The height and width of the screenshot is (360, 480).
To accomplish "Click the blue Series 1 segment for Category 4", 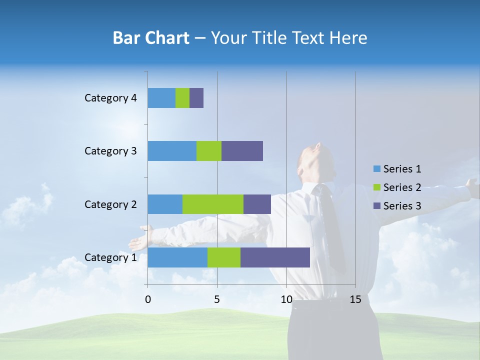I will (161, 98).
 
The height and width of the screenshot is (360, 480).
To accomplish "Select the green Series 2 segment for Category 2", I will (213, 204).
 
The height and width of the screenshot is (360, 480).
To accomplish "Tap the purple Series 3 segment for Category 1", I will (275, 257).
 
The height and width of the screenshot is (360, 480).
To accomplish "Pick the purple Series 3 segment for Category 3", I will (242, 151).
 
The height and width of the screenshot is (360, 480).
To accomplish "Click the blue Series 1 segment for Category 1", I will (177, 257).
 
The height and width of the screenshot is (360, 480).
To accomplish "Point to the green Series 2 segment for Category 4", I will (182, 98).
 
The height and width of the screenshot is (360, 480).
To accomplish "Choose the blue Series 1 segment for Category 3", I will (172, 151).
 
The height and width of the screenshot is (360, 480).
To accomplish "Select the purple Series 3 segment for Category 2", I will (257, 204).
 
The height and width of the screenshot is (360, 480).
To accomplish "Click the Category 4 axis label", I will (110, 98).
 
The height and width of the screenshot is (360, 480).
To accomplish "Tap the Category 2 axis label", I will (110, 204).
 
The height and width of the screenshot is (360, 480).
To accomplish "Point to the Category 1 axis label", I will (110, 257).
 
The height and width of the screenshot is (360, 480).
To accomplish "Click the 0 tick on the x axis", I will (148, 299).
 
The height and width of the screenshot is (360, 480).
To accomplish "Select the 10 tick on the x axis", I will (286, 299).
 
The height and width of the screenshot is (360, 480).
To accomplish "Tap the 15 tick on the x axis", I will (355, 299).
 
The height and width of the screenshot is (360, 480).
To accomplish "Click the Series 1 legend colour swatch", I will (376, 169).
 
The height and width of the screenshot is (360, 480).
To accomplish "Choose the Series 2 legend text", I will (402, 187).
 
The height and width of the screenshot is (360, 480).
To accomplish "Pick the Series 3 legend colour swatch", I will (376, 206).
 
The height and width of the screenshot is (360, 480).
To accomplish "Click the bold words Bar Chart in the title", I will (151, 38).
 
